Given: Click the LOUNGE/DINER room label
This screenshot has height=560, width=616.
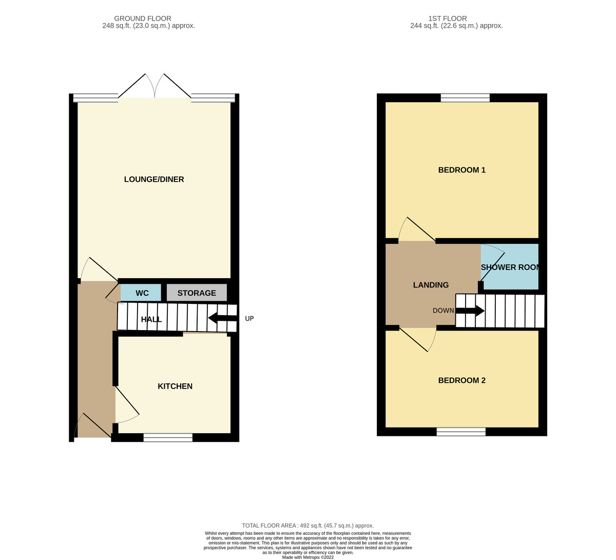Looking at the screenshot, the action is tap(154, 180).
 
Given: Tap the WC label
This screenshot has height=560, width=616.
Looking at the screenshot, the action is tap(142, 293).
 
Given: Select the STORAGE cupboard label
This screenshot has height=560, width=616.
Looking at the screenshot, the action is tap(197, 293).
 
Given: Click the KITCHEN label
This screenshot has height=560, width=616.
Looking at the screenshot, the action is tap(175, 386).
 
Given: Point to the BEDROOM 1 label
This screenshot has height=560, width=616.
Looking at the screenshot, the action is tap(461, 170).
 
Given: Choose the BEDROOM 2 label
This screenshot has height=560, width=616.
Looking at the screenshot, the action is tap(461, 380).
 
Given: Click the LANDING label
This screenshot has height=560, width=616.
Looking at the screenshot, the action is tap(431, 285).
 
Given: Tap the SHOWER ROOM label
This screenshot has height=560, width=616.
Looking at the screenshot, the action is tap(509, 267).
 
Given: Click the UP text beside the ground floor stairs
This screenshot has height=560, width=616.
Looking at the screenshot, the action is tap(249, 319).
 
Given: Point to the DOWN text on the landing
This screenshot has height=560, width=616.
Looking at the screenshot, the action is tap(443, 311).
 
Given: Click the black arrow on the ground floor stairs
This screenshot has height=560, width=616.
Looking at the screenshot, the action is tap(223, 318).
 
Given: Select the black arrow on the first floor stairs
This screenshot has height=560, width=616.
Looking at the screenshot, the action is tap(470, 311).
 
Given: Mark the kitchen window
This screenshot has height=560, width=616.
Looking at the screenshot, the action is tap(168, 437).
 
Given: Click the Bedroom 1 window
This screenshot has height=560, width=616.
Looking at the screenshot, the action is tap(465, 98).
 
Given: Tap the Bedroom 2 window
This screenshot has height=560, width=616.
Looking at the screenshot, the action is tap(461, 432).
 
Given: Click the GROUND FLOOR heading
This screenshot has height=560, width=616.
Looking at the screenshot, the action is tap(143, 18).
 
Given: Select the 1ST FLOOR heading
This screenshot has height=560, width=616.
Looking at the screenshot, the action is tap(448, 18).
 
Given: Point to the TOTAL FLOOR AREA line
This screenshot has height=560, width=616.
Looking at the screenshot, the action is tap(307, 526).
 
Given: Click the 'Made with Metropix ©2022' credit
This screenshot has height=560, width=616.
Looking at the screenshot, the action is tap(307, 557).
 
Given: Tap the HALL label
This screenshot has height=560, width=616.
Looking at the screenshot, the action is tap(151, 319).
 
